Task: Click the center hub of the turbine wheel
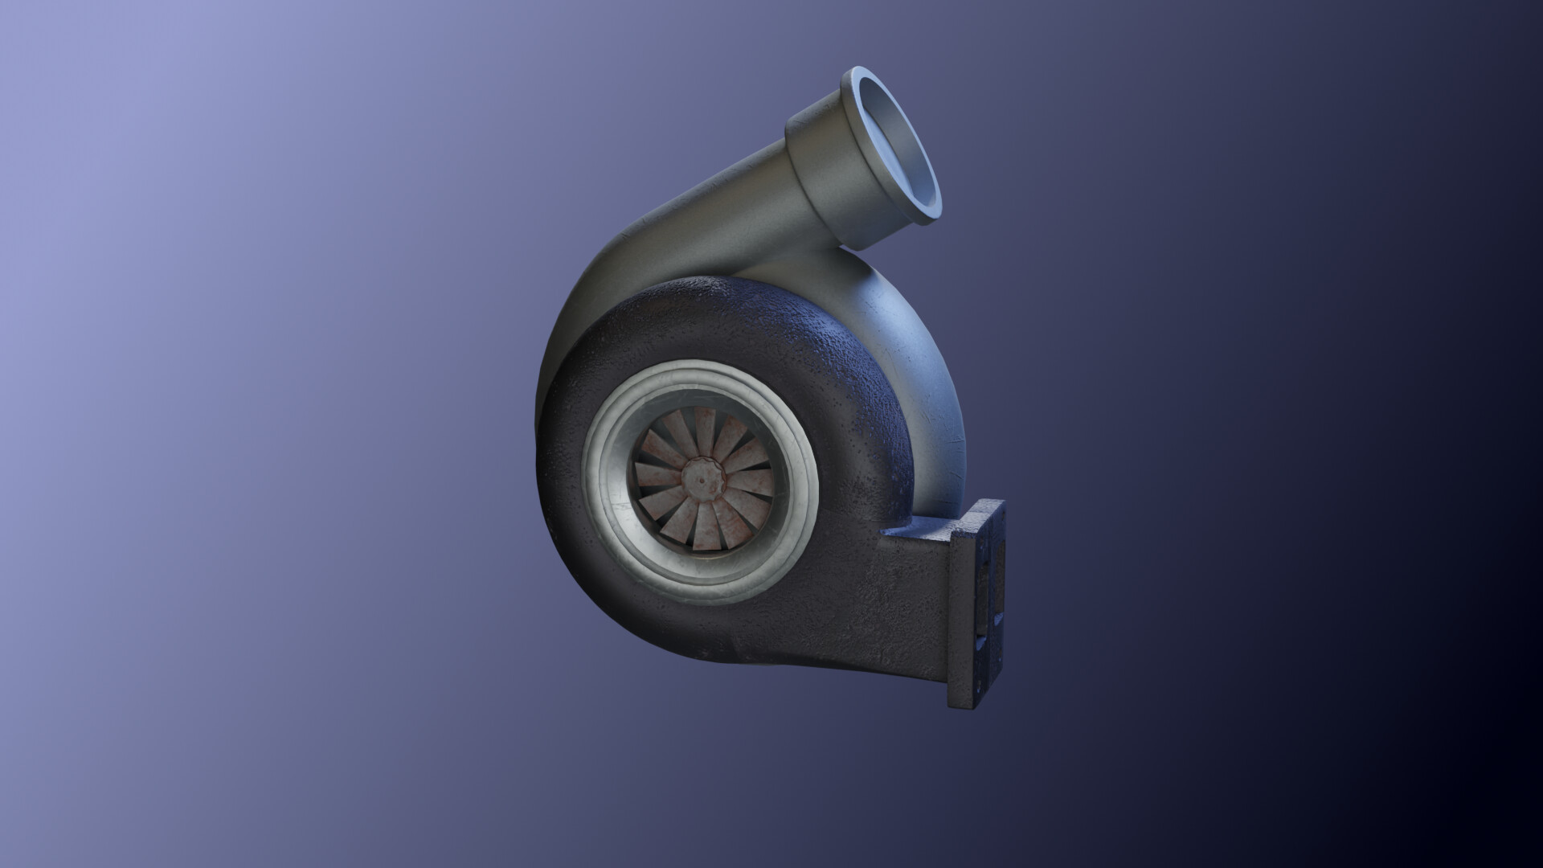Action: click(702, 479)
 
